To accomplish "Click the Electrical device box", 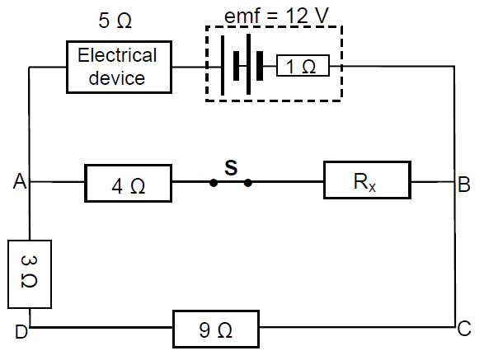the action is tap(119, 67).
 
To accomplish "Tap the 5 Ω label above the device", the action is tap(115, 21).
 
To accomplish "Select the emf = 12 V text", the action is tap(276, 16).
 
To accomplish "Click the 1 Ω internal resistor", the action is tap(303, 65).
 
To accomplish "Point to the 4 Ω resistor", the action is tap(128, 183).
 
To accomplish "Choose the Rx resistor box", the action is tap(367, 180).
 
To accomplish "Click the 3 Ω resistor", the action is tap(30, 274).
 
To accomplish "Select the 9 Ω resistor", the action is tap(216, 329).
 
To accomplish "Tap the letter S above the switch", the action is tap(231, 168).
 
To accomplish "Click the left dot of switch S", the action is tap(214, 183).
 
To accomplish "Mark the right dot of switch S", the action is tap(247, 183).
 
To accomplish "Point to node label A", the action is tap(20, 181).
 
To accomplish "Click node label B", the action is tap(464, 185).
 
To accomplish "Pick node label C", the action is tap(464, 328).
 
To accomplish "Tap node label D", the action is tap(21, 332).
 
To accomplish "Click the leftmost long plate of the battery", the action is tap(223, 65).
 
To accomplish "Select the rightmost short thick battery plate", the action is tap(260, 66).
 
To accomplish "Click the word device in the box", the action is tap(117, 78).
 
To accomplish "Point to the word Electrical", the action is tap(117, 55).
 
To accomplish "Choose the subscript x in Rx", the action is tap(372, 188).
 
